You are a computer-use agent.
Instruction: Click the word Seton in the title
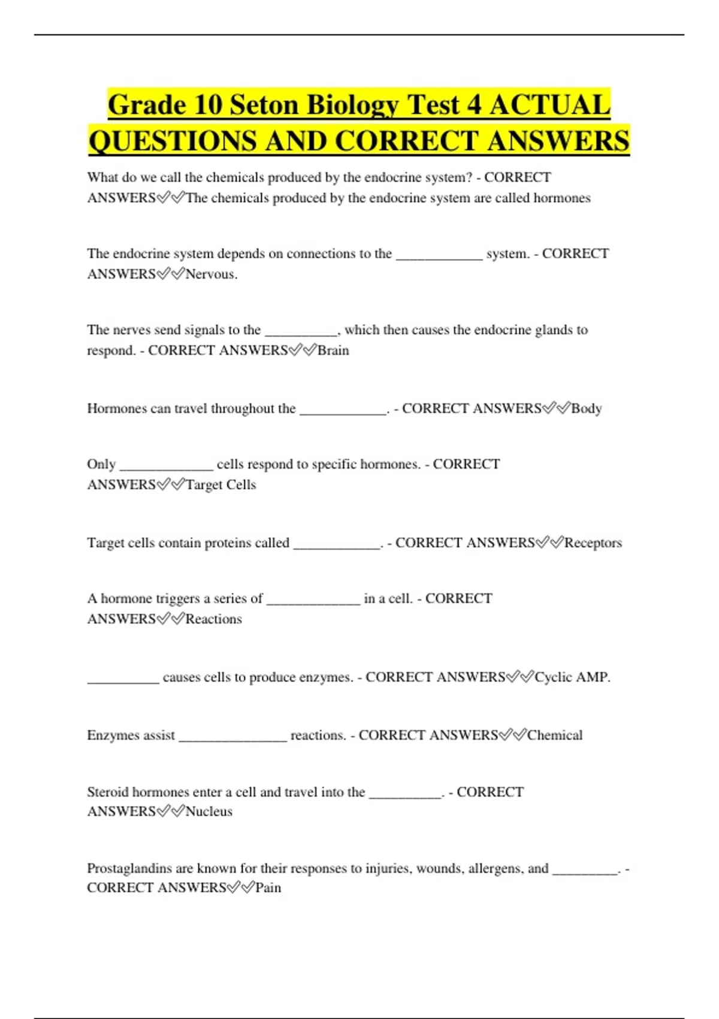[x=264, y=105]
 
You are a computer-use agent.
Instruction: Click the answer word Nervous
[x=211, y=274]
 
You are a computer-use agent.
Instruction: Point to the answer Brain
[x=333, y=350]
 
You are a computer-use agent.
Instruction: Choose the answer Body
[x=586, y=408]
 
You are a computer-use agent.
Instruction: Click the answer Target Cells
[x=220, y=484]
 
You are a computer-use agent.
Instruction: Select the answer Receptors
[x=593, y=542]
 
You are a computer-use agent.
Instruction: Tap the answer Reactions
[x=213, y=619]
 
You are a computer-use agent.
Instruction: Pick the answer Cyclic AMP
[x=572, y=677]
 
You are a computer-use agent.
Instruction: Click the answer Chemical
[x=554, y=735]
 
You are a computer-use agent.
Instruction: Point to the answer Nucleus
[x=209, y=811]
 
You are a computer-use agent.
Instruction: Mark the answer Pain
[x=268, y=887]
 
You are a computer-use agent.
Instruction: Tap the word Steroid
[x=108, y=792]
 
